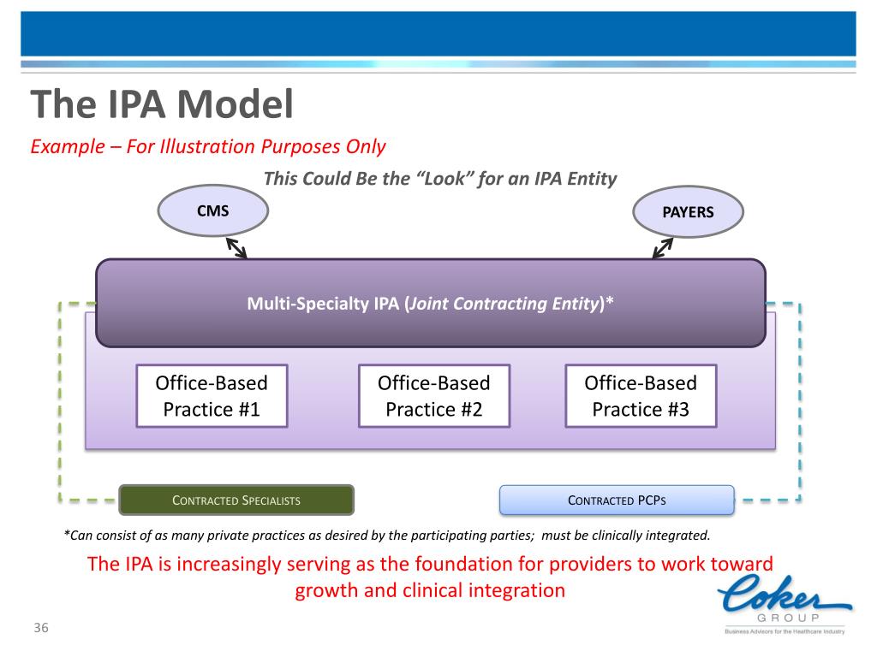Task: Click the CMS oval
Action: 213,210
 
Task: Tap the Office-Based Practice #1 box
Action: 212,396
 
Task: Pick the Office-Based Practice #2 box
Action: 434,396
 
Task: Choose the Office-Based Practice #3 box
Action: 641,396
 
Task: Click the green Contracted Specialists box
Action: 236,500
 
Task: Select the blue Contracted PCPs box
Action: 617,500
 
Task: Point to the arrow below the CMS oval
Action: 236,246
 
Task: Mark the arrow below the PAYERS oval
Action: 663,246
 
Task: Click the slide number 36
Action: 41,630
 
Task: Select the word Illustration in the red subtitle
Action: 202,146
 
